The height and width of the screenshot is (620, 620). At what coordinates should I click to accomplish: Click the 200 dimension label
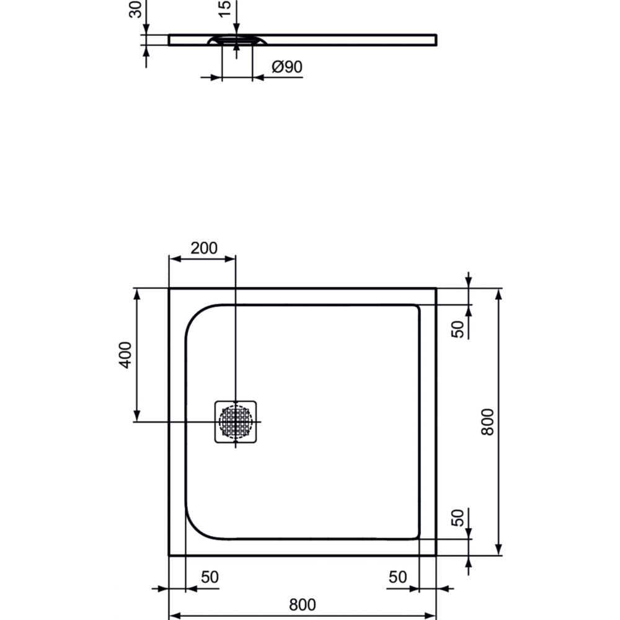tap(203, 249)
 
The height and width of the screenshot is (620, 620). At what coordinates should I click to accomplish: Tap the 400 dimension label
tap(126, 355)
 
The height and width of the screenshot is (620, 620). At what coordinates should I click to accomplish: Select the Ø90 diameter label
tap(287, 67)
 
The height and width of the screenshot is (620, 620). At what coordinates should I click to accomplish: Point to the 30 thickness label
tap(136, 9)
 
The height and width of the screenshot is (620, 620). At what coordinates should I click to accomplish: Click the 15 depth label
tap(224, 9)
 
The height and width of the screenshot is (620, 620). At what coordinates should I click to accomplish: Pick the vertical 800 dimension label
tap(487, 422)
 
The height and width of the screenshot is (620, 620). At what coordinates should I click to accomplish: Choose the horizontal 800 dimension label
tap(303, 604)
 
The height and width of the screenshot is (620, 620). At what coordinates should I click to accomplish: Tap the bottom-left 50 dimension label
tap(210, 577)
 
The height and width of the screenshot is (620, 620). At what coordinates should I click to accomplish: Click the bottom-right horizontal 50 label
tap(397, 577)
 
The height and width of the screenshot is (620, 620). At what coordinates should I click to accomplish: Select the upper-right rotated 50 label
tap(458, 329)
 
